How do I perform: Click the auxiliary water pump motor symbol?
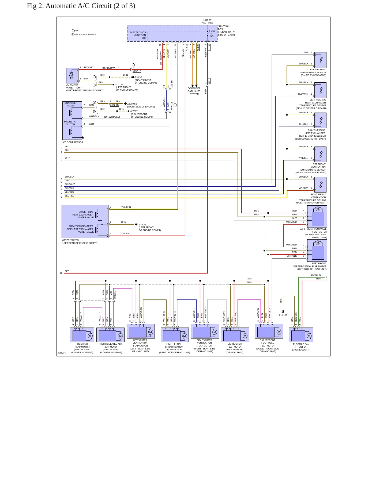72,75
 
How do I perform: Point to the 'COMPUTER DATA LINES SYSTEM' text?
194,91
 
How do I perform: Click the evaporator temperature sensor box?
320,60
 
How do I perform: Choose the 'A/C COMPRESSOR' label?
73,142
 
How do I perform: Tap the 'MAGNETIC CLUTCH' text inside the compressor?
70,123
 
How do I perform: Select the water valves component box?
85,221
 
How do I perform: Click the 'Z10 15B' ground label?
283,315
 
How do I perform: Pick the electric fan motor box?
301,335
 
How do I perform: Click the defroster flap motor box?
235,335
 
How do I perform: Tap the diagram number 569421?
62,353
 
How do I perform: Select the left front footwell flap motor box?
317,216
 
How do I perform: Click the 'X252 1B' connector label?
137,71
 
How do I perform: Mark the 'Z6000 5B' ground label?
132,104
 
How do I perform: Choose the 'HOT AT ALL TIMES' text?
208,21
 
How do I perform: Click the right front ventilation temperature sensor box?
320,184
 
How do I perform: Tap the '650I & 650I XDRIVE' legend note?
85,34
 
